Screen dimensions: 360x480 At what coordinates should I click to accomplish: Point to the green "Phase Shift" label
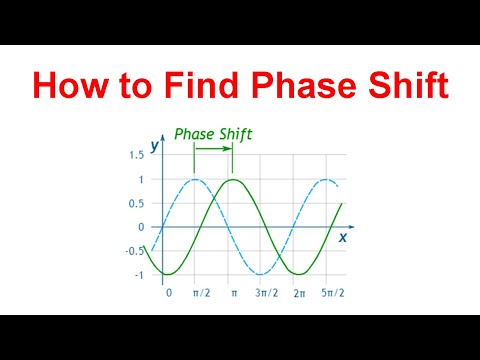coord(212,132)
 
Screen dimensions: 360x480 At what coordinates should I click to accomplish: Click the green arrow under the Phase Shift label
coord(213,150)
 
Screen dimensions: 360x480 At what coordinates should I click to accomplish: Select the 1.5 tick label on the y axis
coord(136,156)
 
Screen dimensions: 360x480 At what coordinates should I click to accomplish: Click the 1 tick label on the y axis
coord(141,180)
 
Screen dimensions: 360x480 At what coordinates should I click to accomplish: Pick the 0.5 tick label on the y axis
coord(136,204)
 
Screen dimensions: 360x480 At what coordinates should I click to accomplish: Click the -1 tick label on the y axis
coord(139,275)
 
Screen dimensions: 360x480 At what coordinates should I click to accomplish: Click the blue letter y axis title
coord(155,145)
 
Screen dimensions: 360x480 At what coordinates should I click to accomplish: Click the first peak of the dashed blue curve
coord(195,180)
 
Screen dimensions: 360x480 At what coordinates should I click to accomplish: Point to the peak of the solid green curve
coord(231,180)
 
